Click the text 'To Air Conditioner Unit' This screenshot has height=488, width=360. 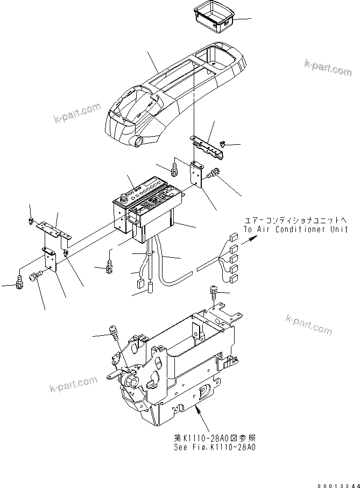coord(295,229)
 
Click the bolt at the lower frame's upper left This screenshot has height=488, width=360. coord(114,332)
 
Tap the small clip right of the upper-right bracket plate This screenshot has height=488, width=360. coord(222,144)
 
